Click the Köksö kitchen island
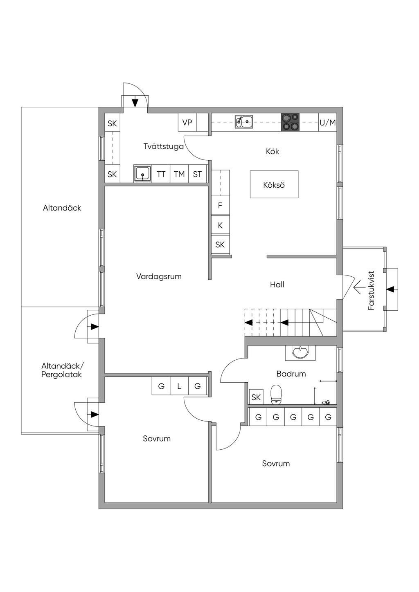274,184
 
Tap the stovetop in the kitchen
290,122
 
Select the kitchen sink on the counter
244,122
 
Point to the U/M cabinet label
327,123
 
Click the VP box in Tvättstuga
187,122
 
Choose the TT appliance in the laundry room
161,174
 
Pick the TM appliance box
179,174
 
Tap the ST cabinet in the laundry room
197,174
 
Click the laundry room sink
143,174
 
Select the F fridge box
220,206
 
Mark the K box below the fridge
220,225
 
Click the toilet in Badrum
277,394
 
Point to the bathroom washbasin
301,352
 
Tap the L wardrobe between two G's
179,386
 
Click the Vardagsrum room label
159,276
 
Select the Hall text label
277,285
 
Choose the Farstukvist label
371,290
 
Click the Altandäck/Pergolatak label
62,370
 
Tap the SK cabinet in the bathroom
256,397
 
